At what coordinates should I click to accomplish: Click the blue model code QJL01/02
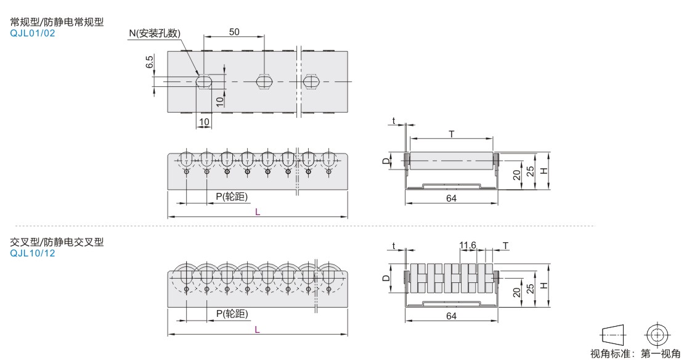point(33,33)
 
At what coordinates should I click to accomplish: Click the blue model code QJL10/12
point(33,253)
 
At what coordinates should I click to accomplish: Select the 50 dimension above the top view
point(234,32)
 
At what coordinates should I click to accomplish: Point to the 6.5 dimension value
point(150,62)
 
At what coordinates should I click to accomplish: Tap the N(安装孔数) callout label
point(155,33)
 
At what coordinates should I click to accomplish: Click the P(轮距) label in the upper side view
point(232,197)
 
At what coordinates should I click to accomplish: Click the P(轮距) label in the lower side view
point(232,314)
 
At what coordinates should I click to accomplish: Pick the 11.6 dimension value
point(468,246)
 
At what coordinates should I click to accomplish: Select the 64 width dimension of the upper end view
point(451,198)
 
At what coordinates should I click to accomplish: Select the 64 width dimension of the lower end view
point(451,316)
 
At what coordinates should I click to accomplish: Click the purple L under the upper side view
point(258,212)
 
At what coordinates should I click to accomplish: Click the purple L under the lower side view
point(258,330)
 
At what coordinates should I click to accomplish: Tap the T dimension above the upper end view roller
point(452,134)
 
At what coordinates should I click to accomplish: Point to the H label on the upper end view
point(544,171)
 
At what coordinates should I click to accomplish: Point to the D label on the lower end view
point(386,278)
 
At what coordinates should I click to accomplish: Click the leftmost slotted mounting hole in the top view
point(204,81)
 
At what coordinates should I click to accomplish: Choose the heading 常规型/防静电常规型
point(57,22)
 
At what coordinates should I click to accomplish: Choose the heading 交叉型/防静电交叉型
point(57,242)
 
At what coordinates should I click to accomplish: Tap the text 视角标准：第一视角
point(635,353)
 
